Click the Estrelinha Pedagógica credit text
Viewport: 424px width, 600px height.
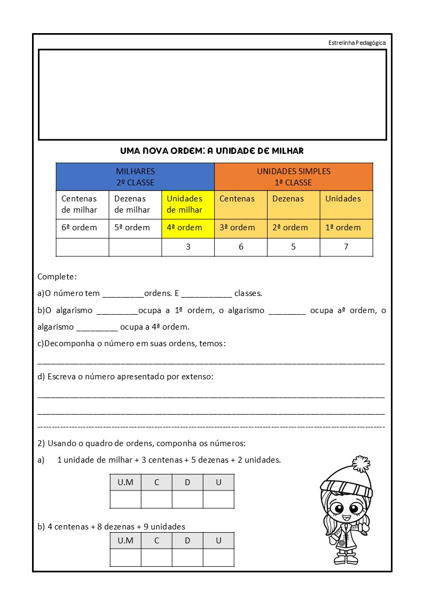(357, 43)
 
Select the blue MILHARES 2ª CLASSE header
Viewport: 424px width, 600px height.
(135, 177)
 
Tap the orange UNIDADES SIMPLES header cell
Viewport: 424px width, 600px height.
(293, 177)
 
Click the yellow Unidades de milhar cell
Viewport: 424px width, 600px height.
(187, 204)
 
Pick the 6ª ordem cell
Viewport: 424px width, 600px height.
(82, 228)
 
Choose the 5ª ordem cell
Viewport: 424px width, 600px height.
(135, 228)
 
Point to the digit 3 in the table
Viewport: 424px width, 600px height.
(188, 247)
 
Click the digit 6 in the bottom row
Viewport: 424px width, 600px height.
(241, 247)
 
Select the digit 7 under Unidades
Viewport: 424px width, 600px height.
(346, 247)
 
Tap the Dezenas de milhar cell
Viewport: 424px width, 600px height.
(135, 204)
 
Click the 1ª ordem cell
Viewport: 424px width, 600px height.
(346, 228)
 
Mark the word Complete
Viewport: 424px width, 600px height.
(57, 277)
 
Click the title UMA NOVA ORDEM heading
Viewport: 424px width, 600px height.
(212, 151)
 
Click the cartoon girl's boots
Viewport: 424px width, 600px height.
(348, 558)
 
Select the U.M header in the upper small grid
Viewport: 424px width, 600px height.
(125, 482)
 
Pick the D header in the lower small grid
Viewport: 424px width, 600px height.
(187, 540)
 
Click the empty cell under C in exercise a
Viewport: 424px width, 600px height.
(156, 500)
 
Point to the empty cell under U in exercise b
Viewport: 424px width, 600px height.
(218, 557)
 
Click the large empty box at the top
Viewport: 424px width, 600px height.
(212, 95)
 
